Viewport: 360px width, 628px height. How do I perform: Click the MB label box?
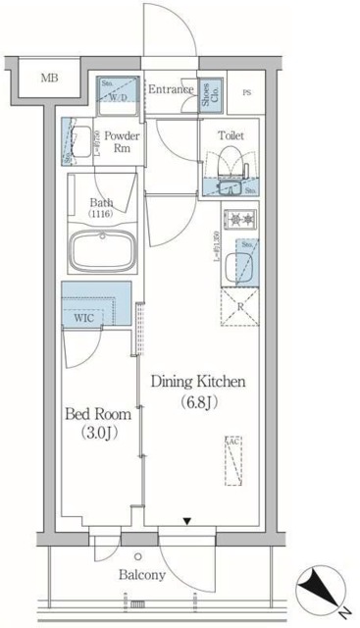point(47,77)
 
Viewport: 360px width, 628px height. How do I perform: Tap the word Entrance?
point(170,90)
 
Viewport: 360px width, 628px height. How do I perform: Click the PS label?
point(246,92)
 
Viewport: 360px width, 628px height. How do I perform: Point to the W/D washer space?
point(119,92)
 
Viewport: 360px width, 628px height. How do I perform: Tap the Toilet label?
point(231,134)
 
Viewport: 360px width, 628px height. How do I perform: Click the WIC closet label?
point(82,318)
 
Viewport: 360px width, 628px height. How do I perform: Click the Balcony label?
point(143,575)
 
